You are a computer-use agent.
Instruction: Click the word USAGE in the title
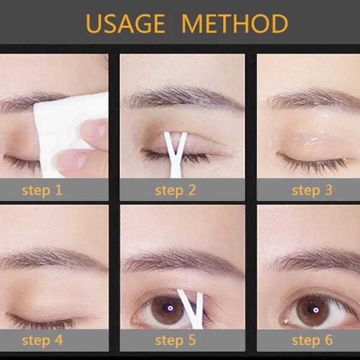[x=127, y=24]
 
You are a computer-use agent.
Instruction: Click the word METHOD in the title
[x=235, y=24]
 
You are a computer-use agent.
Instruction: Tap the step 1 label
[x=42, y=191]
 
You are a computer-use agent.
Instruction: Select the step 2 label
[x=175, y=191]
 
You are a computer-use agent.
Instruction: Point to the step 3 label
[x=312, y=191]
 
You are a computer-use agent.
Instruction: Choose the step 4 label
[x=42, y=340]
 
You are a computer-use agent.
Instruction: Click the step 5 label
[x=175, y=340]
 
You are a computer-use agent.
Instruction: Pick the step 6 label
[x=312, y=340]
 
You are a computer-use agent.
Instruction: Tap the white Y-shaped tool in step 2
[x=175, y=153]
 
